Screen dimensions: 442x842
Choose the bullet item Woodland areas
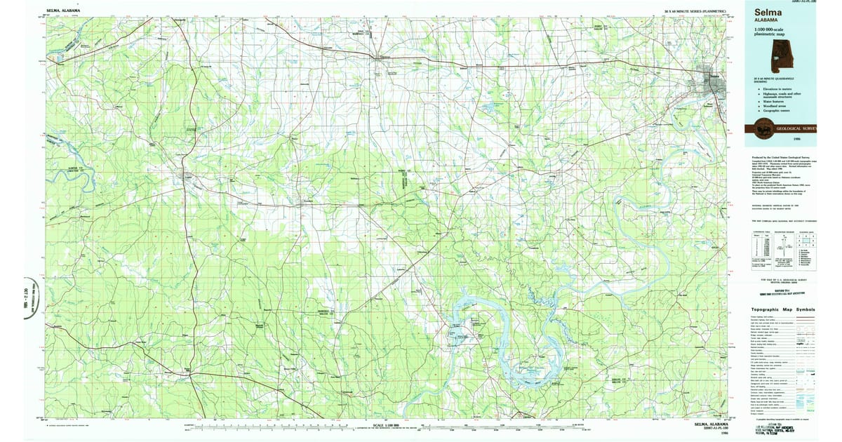(773, 106)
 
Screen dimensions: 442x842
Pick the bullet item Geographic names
(774, 111)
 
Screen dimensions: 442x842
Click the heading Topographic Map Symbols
(783, 309)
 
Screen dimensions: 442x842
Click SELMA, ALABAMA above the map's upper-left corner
(63, 11)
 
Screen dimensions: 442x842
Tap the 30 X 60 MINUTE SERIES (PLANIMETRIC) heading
(694, 12)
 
